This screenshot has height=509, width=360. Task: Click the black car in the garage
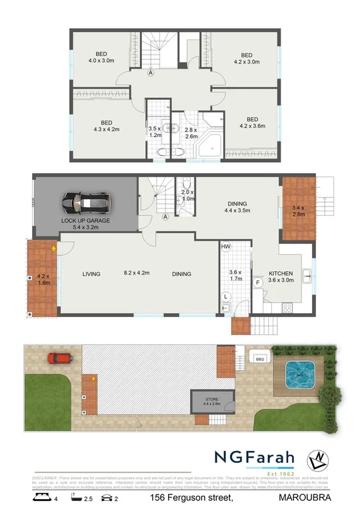point(86,202)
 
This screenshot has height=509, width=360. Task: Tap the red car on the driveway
point(59,358)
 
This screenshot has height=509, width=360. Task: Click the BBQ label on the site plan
point(260,359)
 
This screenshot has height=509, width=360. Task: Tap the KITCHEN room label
point(281,274)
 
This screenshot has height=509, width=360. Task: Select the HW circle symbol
point(226,246)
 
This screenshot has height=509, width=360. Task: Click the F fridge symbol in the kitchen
point(258,283)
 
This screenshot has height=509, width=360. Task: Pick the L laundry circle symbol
point(226,296)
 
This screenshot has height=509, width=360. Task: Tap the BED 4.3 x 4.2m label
point(107,126)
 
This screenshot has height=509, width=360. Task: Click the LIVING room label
point(91,274)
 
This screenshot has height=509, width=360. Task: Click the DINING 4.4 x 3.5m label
point(237,208)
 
